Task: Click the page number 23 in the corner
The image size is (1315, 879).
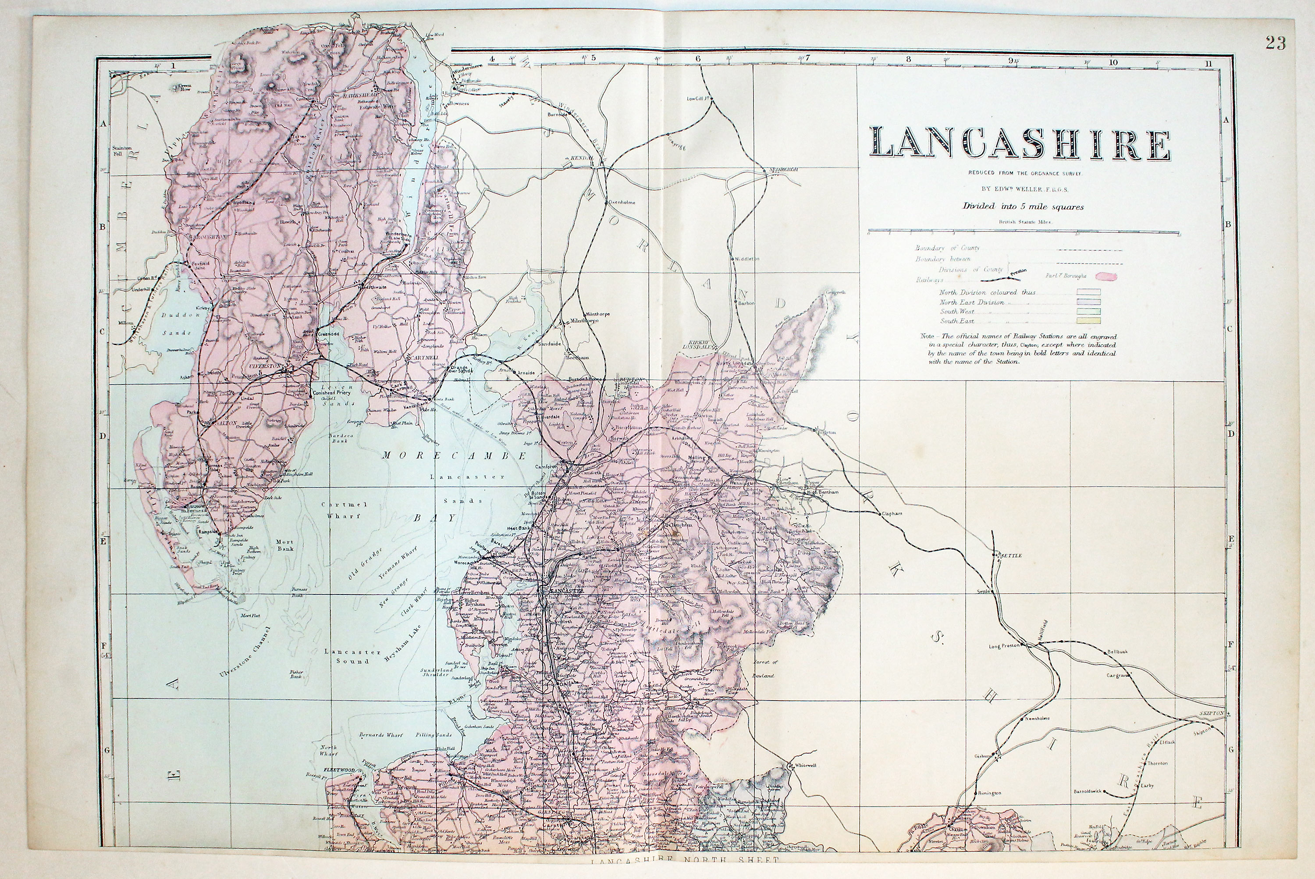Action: pos(1275,43)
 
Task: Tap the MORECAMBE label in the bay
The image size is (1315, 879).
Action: pos(455,456)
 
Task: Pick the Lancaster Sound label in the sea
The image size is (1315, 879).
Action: pos(352,656)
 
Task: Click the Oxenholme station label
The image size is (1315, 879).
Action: pos(622,203)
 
